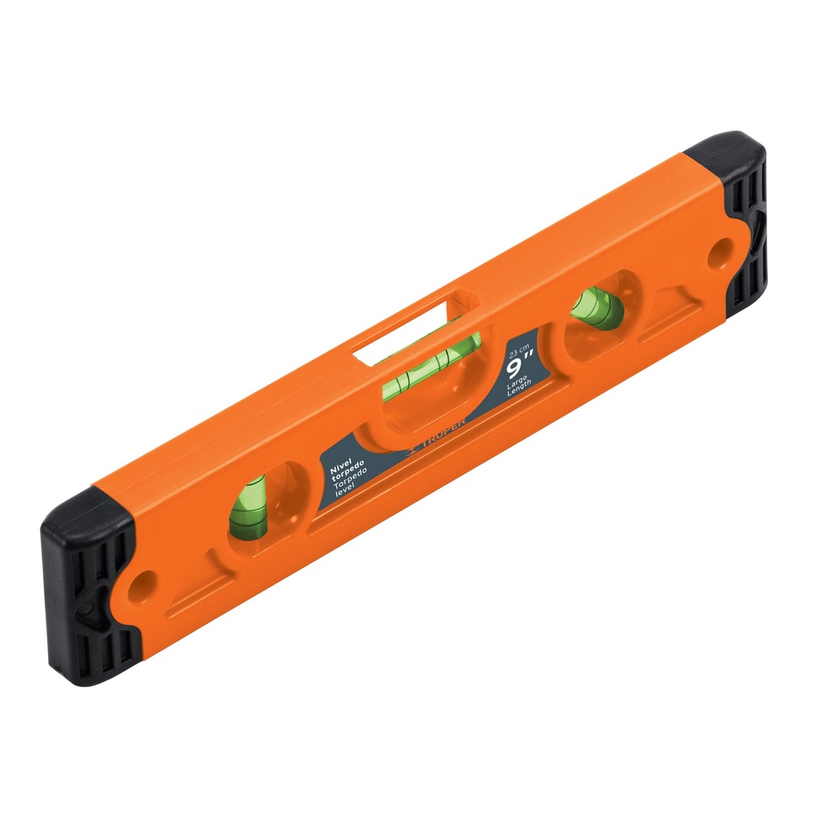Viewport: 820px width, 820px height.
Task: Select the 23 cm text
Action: pyautogui.click(x=518, y=350)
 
